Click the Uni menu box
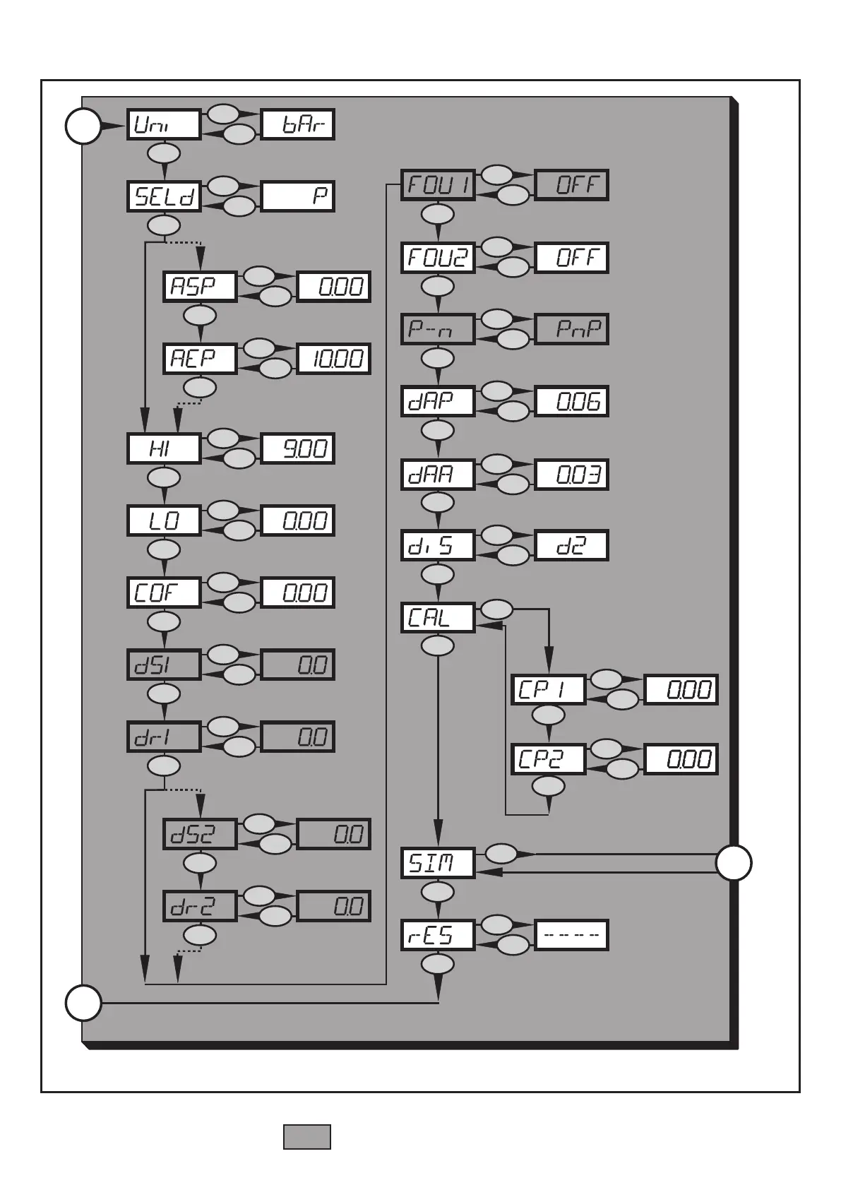[164, 125]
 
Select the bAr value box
[297, 125]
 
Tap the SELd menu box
[164, 196]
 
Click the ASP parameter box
[200, 287]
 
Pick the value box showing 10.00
[333, 359]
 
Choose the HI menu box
[164, 448]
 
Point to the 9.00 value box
[297, 448]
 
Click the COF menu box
[164, 592]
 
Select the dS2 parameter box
[200, 834]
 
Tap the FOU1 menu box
[438, 186]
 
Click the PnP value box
[571, 329]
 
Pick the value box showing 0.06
[571, 402]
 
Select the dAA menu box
[438, 474]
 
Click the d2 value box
[571, 546]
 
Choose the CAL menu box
[438, 618]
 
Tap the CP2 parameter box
[548, 759]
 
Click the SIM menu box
[438, 863]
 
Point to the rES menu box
[438, 936]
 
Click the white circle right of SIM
[734, 863]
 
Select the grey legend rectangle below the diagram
[307, 1136]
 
